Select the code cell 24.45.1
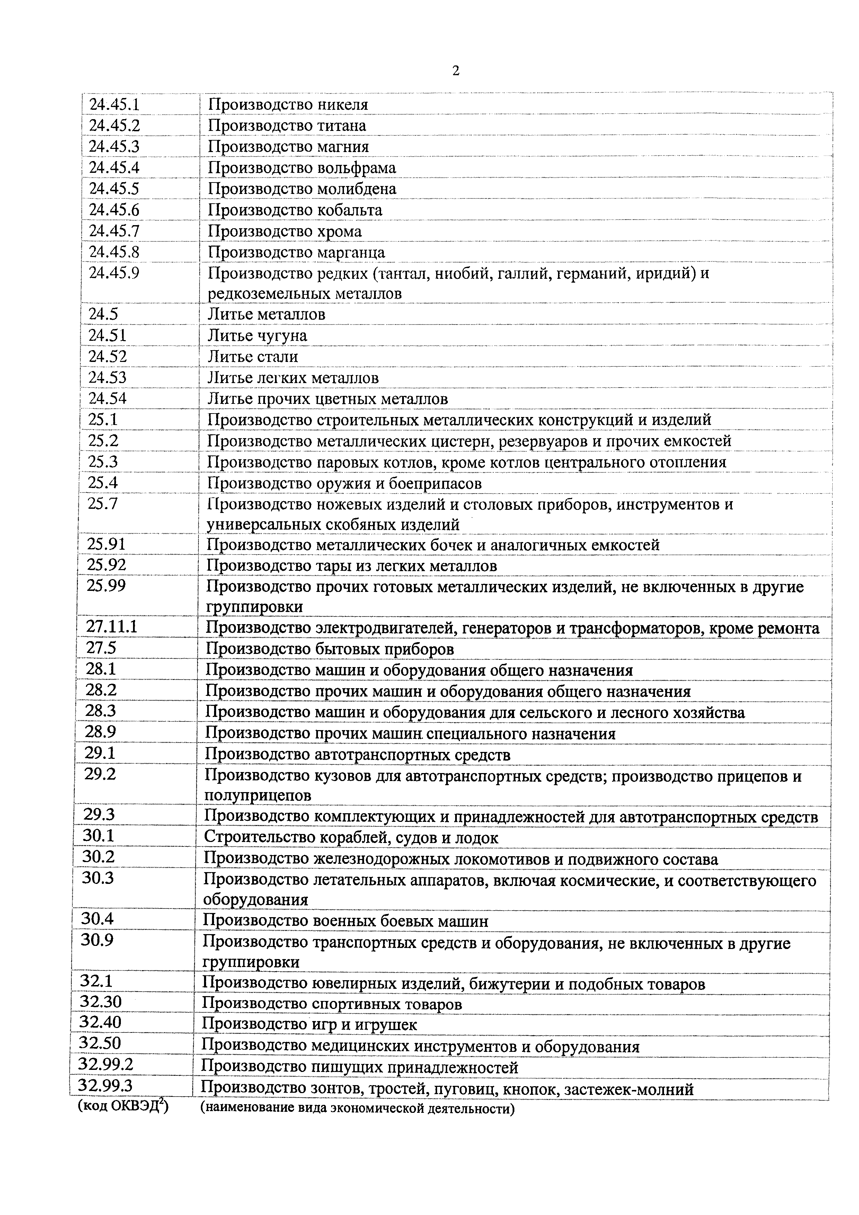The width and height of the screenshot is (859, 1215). coord(114,105)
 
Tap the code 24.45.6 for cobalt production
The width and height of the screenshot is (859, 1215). coord(114,210)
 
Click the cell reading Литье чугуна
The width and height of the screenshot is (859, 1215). coord(257,336)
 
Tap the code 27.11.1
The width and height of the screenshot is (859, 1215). coord(112,627)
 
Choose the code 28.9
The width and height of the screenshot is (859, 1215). coord(100,733)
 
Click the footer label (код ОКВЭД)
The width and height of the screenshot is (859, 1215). coord(123,1107)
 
